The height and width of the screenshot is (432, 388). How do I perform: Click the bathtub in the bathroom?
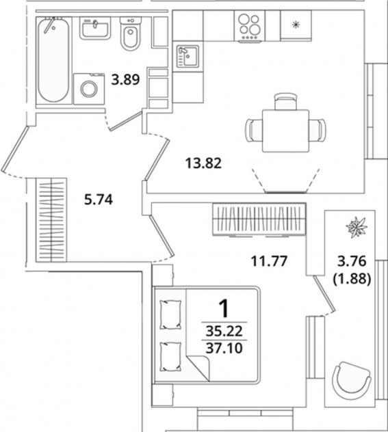tap(53, 60)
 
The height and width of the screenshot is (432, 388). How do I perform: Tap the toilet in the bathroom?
tap(131, 33)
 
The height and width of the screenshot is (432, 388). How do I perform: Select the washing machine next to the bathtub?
tap(89, 89)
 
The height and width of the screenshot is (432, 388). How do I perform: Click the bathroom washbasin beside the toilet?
tap(95, 28)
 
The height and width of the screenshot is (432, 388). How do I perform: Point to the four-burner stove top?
tap(249, 27)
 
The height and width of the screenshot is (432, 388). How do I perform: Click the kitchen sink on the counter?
tap(187, 56)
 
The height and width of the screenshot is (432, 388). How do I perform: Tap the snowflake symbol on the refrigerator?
tap(296, 25)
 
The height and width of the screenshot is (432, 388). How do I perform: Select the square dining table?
tap(285, 131)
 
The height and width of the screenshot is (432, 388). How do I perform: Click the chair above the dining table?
tap(285, 101)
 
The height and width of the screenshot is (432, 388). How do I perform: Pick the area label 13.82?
tap(203, 163)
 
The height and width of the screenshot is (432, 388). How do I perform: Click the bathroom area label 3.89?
tap(125, 80)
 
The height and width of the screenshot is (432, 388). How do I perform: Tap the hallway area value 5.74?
tap(99, 200)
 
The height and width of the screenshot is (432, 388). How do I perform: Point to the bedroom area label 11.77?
tap(269, 261)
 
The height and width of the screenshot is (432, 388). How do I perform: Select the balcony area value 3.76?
tap(352, 261)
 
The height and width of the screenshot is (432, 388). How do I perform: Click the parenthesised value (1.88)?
tap(352, 279)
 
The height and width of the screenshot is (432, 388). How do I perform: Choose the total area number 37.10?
tap(224, 348)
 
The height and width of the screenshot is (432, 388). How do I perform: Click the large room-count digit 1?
tap(224, 308)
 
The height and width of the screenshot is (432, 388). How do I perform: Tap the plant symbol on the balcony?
tap(357, 228)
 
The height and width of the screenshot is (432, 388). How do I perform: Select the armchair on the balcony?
tap(352, 381)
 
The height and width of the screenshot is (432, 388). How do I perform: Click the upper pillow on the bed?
tap(170, 314)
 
